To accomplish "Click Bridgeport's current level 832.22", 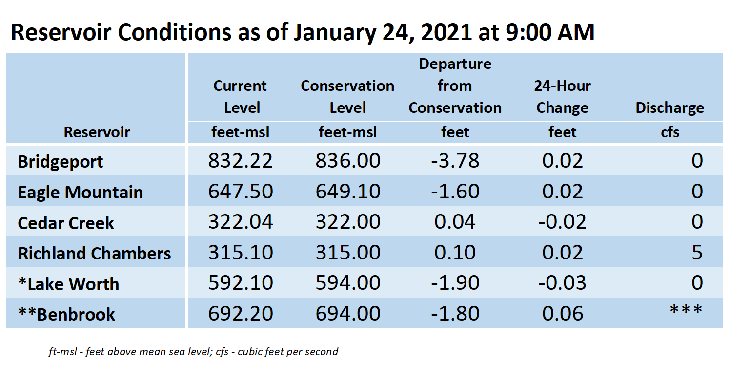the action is tap(240, 160).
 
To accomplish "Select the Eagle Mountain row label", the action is tap(80, 192).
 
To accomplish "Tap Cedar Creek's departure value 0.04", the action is tap(455, 222).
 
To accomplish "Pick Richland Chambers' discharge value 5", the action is tap(697, 253).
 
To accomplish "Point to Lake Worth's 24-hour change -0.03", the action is tap(562, 283).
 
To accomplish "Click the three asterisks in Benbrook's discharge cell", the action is tap(686, 309).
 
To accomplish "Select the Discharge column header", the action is tap(669, 107).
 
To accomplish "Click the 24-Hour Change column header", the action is tap(562, 97).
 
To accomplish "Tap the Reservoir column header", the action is tap(97, 132).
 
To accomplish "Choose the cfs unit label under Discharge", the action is tap(670, 132).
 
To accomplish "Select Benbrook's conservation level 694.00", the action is tap(348, 314).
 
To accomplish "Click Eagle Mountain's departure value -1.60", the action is tap(455, 191).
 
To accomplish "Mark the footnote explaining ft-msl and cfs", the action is tap(193, 352).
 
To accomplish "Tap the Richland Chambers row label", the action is tap(94, 254).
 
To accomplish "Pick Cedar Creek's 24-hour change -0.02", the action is tap(562, 222).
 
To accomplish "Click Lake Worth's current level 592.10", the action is tap(241, 283).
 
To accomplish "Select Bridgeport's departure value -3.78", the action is tap(455, 160).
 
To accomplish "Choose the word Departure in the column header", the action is tap(455, 64).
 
